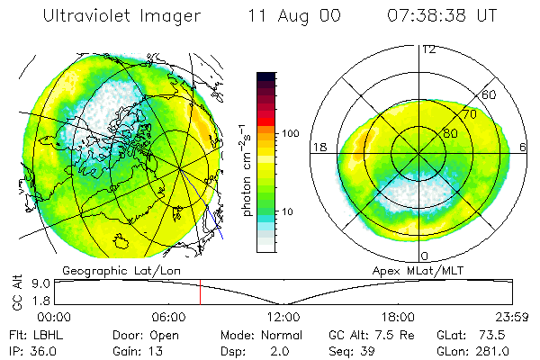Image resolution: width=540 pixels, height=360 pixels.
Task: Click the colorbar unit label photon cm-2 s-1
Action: click(x=247, y=171)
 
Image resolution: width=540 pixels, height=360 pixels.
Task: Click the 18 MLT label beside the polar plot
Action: click(x=318, y=147)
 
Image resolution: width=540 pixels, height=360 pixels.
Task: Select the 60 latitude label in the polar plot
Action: click(x=489, y=94)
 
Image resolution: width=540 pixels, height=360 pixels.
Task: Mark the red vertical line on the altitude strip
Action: click(x=201, y=292)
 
